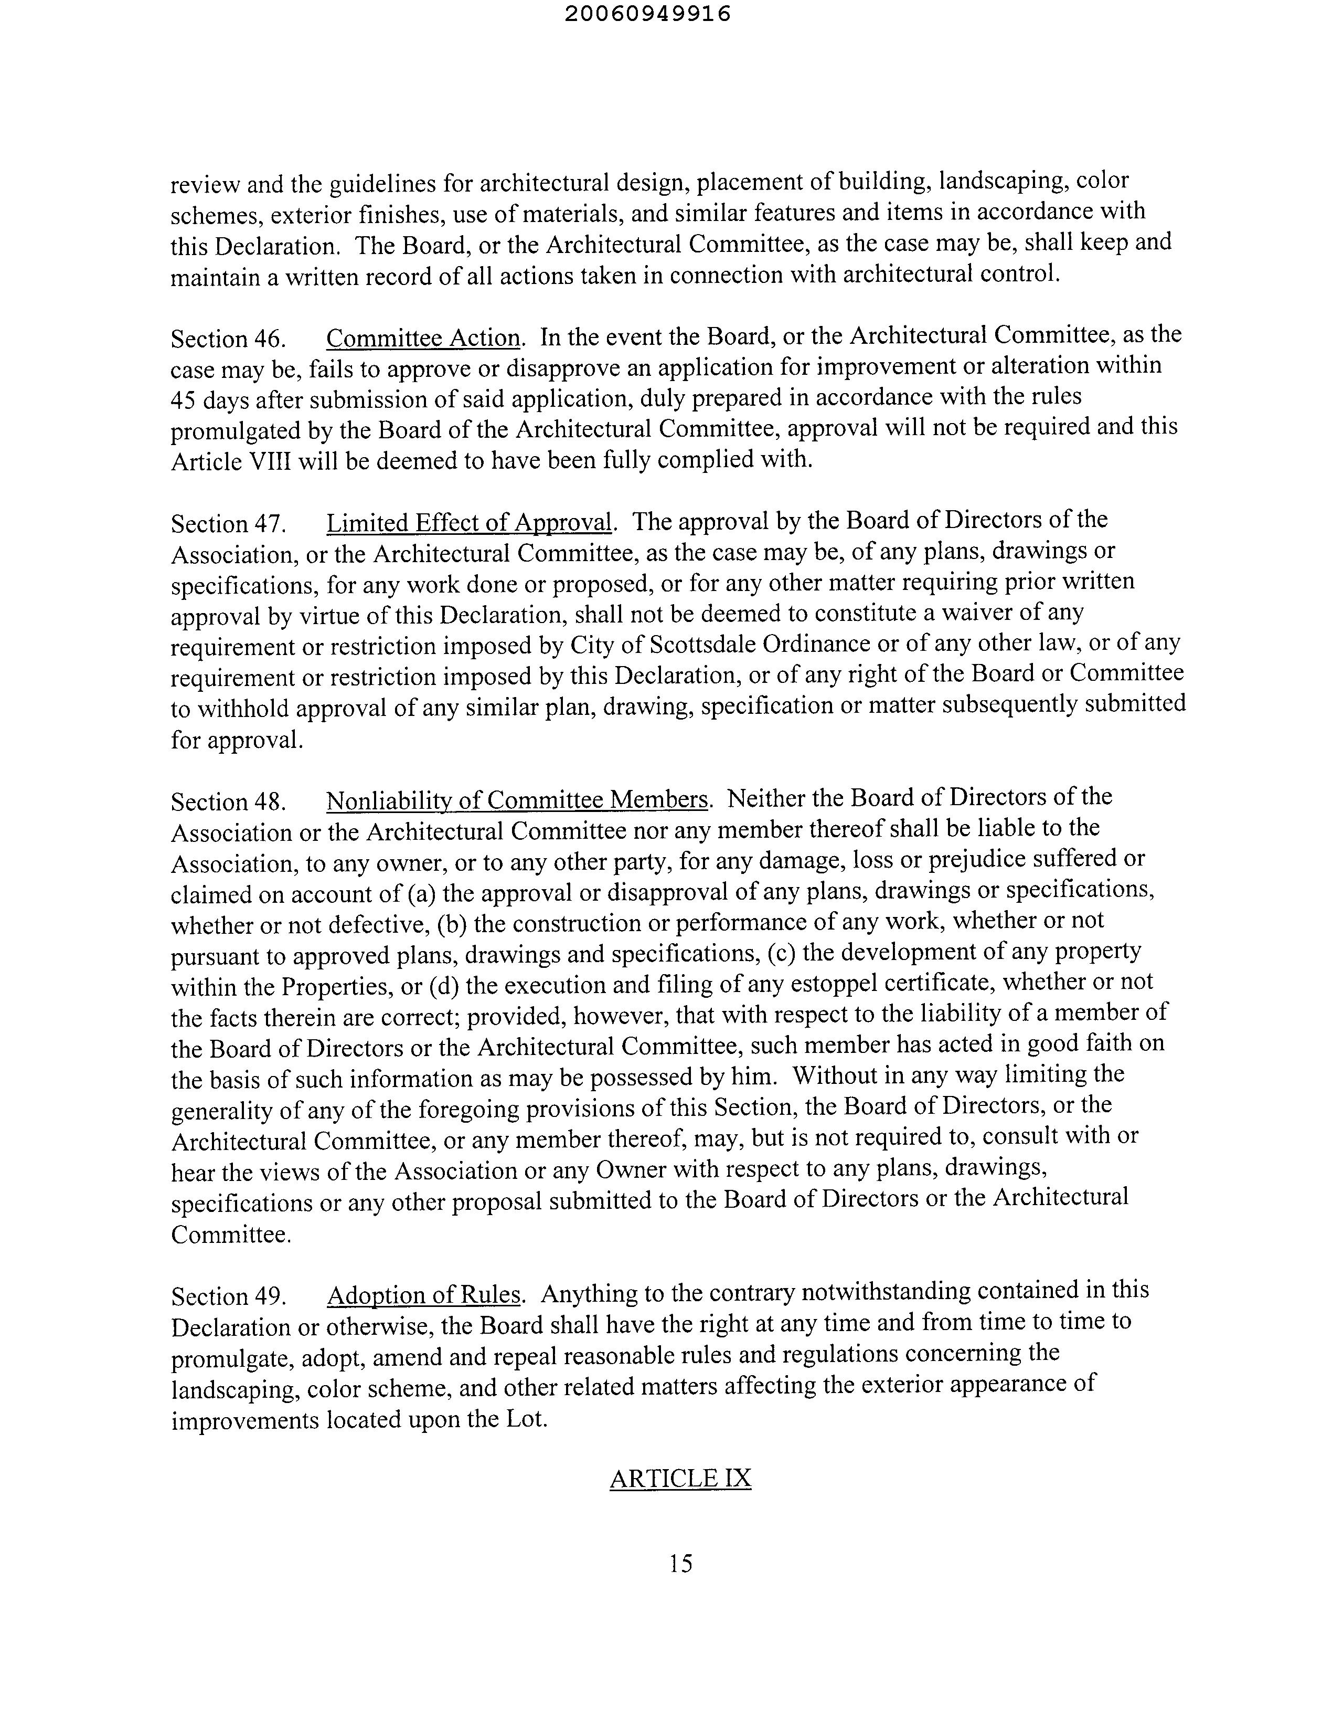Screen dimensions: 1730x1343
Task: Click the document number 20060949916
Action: [648, 14]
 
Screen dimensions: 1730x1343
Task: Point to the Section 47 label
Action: [227, 524]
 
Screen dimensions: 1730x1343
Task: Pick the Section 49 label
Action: [227, 1296]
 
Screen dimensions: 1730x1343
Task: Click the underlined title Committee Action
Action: [424, 337]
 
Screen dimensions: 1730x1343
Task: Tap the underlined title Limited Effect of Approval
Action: [470, 523]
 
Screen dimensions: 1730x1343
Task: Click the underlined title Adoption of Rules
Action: [424, 1294]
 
